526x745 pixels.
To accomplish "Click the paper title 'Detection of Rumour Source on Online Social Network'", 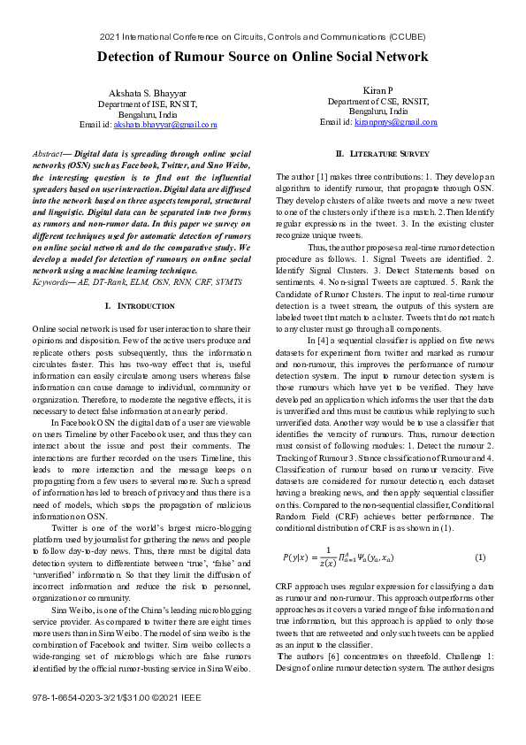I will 263,57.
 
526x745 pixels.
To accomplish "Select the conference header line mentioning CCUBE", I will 263,37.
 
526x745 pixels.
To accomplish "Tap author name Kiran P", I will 377,91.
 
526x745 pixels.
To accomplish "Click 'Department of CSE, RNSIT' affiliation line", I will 377,102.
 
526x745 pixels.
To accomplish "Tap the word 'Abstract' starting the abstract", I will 47,153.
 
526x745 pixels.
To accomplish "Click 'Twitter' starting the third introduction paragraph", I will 66,527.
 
